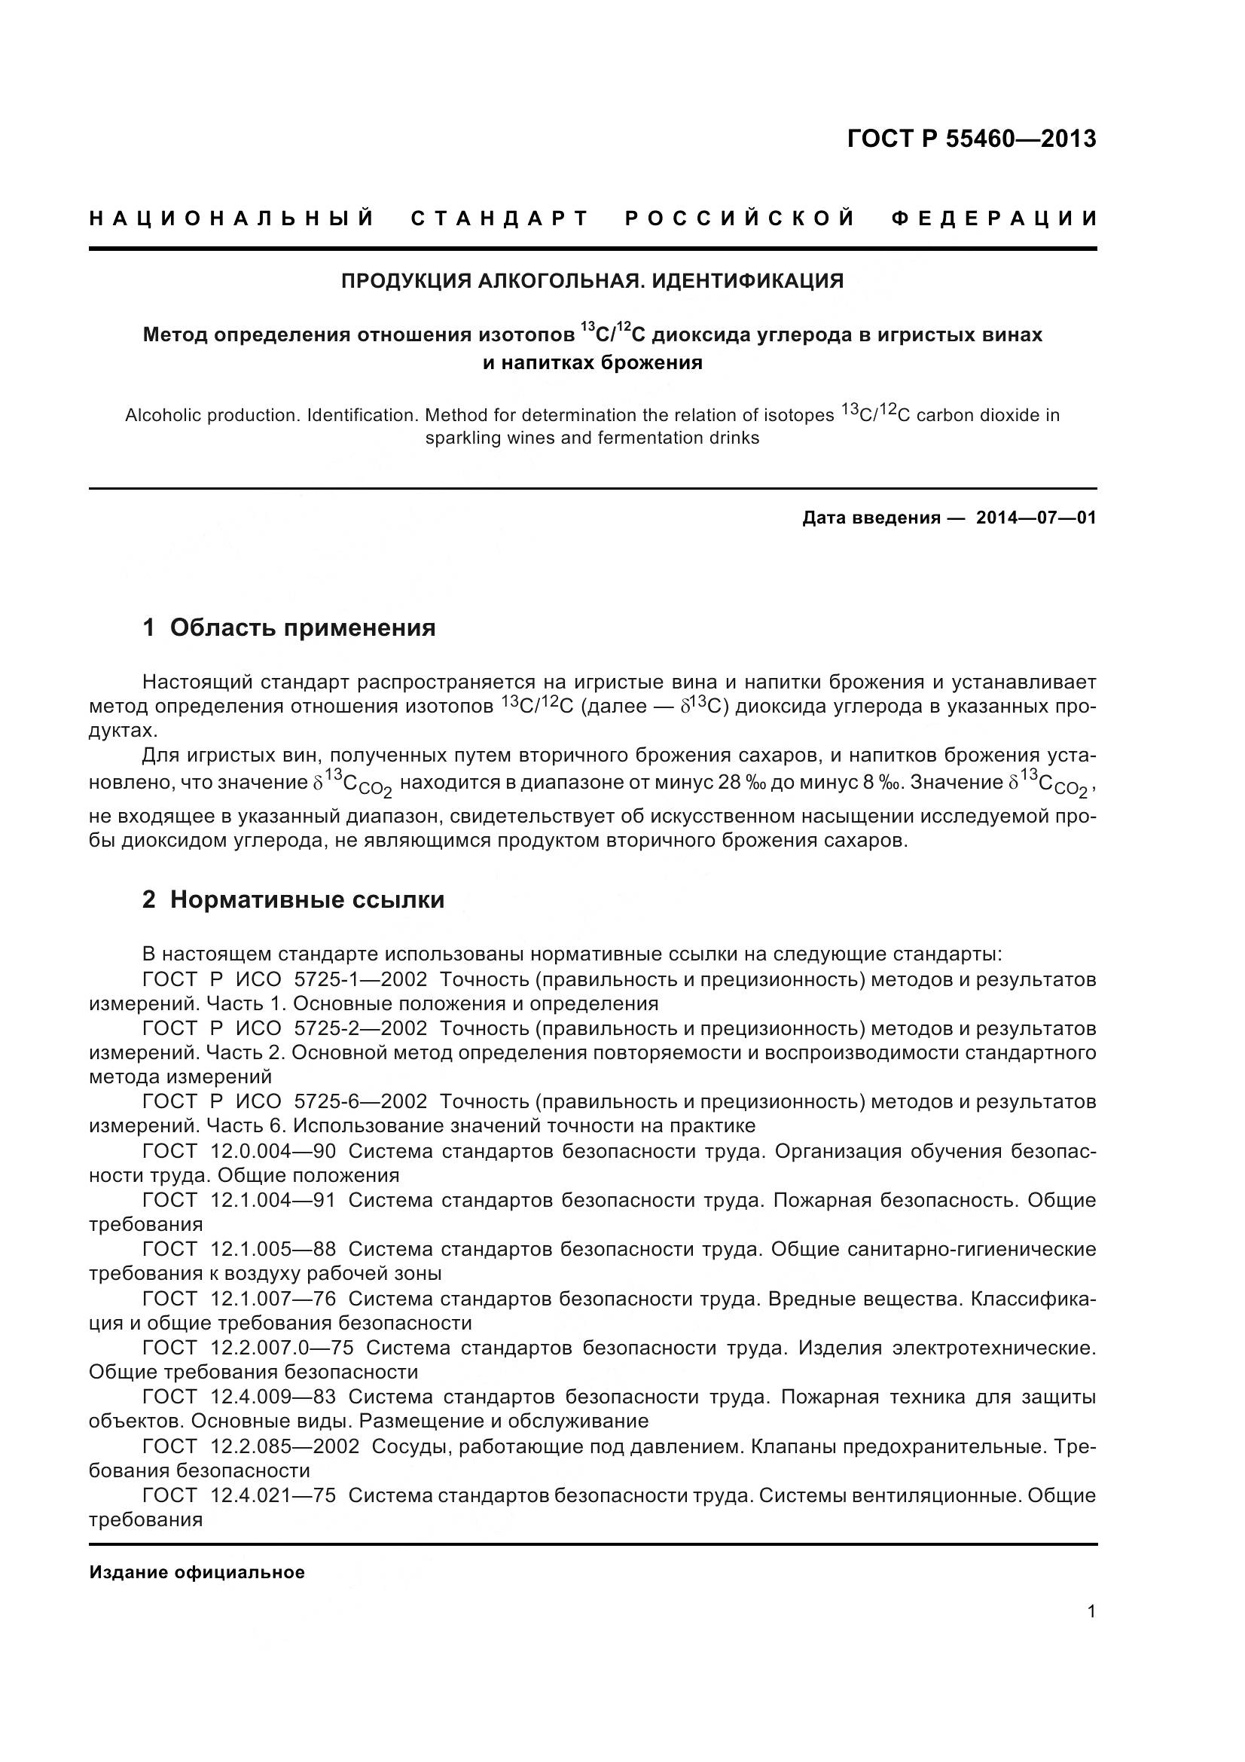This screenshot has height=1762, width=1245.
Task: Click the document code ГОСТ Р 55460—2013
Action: [x=971, y=139]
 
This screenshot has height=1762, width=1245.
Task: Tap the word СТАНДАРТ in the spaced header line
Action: [x=499, y=218]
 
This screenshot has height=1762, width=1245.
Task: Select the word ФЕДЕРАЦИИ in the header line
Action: [x=994, y=218]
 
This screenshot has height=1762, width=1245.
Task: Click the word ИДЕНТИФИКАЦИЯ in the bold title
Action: [x=748, y=281]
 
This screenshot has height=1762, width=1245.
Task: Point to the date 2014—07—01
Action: [x=1036, y=518]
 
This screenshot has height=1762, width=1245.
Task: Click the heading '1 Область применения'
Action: [x=288, y=628]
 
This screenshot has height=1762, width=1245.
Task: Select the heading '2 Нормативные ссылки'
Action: [x=293, y=899]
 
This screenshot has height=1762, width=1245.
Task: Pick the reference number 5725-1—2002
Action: [x=361, y=979]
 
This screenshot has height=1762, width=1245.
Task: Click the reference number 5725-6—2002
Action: [x=361, y=1102]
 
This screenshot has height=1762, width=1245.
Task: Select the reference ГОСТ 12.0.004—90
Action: [x=240, y=1151]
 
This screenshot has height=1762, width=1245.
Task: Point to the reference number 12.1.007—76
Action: [x=273, y=1299]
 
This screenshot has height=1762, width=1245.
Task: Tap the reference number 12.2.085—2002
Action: [x=285, y=1446]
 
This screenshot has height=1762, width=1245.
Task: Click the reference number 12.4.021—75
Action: [x=273, y=1496]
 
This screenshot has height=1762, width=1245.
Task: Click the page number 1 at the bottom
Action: [x=1091, y=1611]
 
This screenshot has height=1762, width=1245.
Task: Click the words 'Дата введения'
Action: [x=871, y=518]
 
